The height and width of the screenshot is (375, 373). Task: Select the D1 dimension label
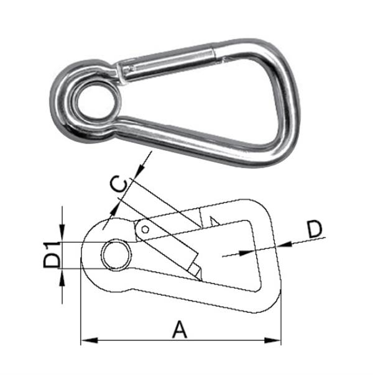53,255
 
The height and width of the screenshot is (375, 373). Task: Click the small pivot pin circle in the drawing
145,229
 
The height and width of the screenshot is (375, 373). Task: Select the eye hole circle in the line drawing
117,255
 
